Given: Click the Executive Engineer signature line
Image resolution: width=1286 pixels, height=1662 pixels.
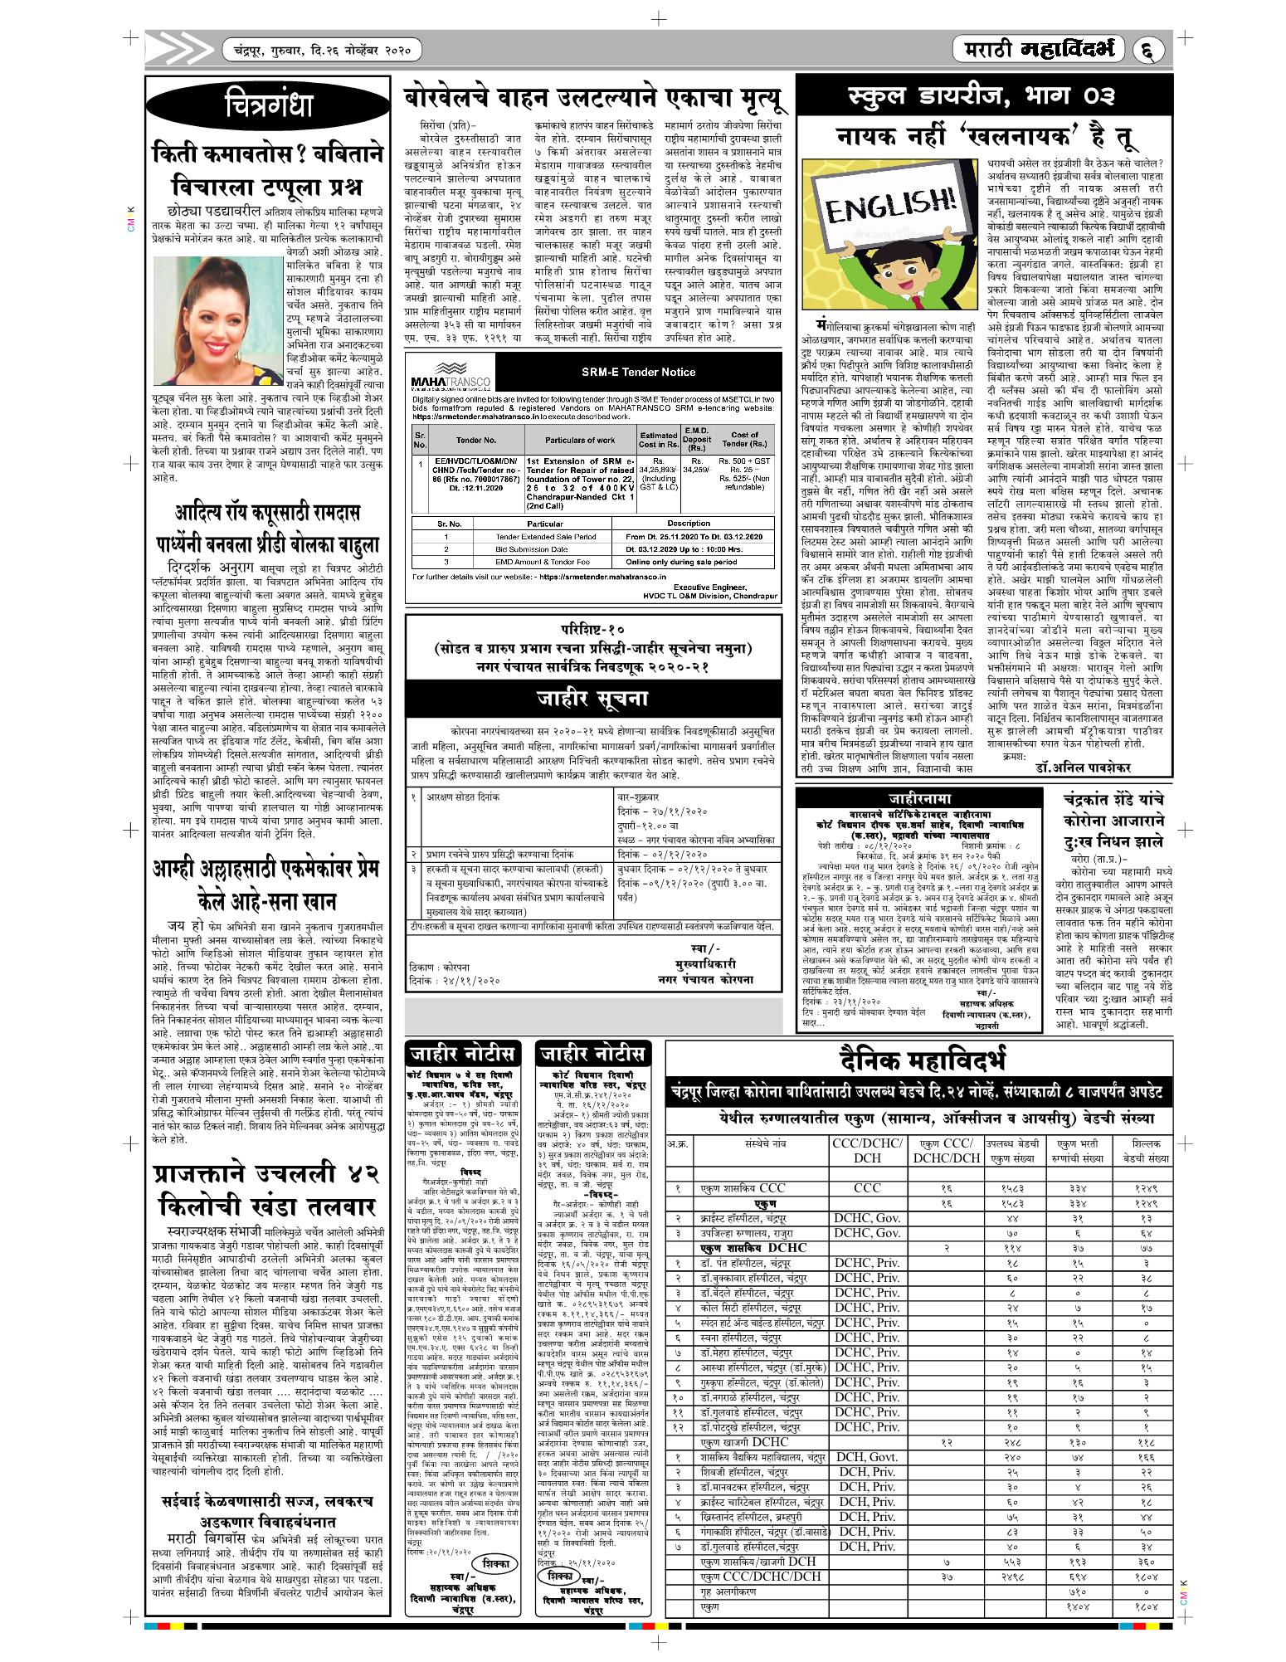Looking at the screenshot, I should [706, 587].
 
